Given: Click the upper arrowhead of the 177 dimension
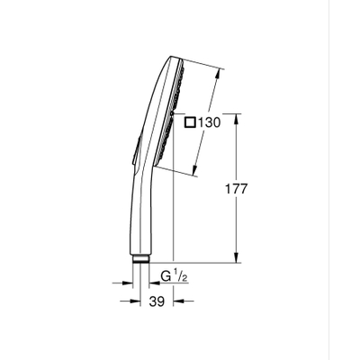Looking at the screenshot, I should pyautogui.click(x=237, y=117).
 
